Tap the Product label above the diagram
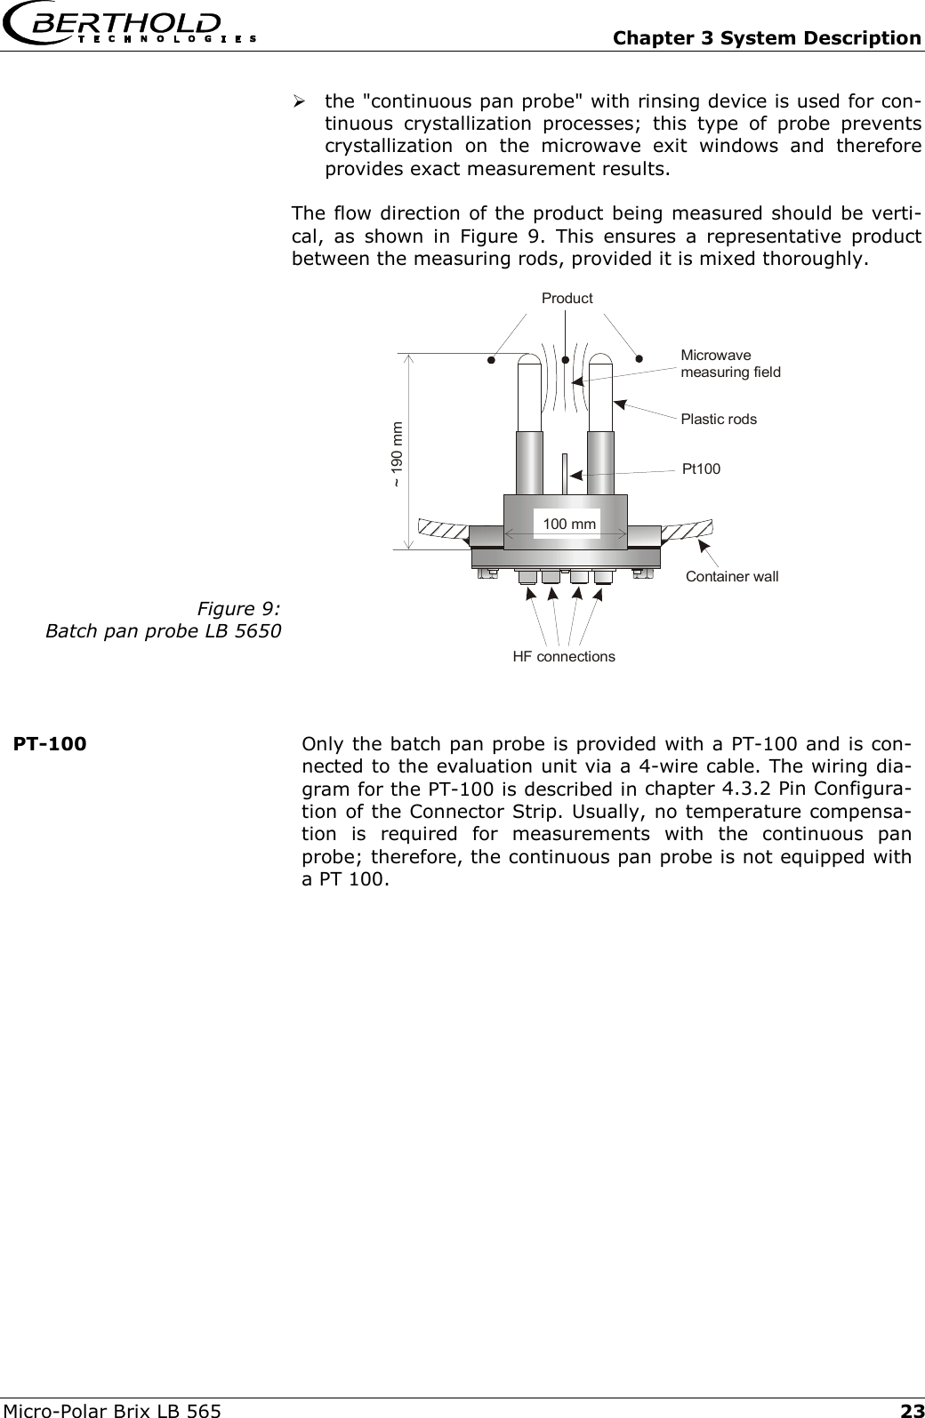click(x=567, y=299)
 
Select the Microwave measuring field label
click(x=729, y=364)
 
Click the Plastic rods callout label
click(x=719, y=419)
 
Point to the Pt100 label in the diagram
click(x=701, y=469)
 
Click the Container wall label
click(x=732, y=577)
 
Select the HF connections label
click(x=564, y=657)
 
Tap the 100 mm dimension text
click(x=569, y=525)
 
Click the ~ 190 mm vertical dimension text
click(x=397, y=453)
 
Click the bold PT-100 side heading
click(x=50, y=743)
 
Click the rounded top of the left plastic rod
click(x=529, y=363)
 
